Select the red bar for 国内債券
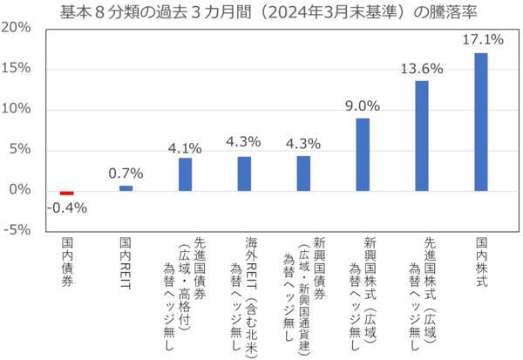pos(66,193)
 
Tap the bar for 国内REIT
pos(126,187)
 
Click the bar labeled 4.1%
pos(185,173)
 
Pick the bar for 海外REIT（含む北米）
pos(244,173)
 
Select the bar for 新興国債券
pos(303,173)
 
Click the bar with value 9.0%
pos(363,153)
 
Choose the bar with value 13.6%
pos(422,135)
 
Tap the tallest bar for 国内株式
pos(481,121)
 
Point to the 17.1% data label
pos(481,40)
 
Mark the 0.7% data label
pos(126,173)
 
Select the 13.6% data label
pos(422,68)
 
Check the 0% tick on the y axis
pos(23,190)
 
